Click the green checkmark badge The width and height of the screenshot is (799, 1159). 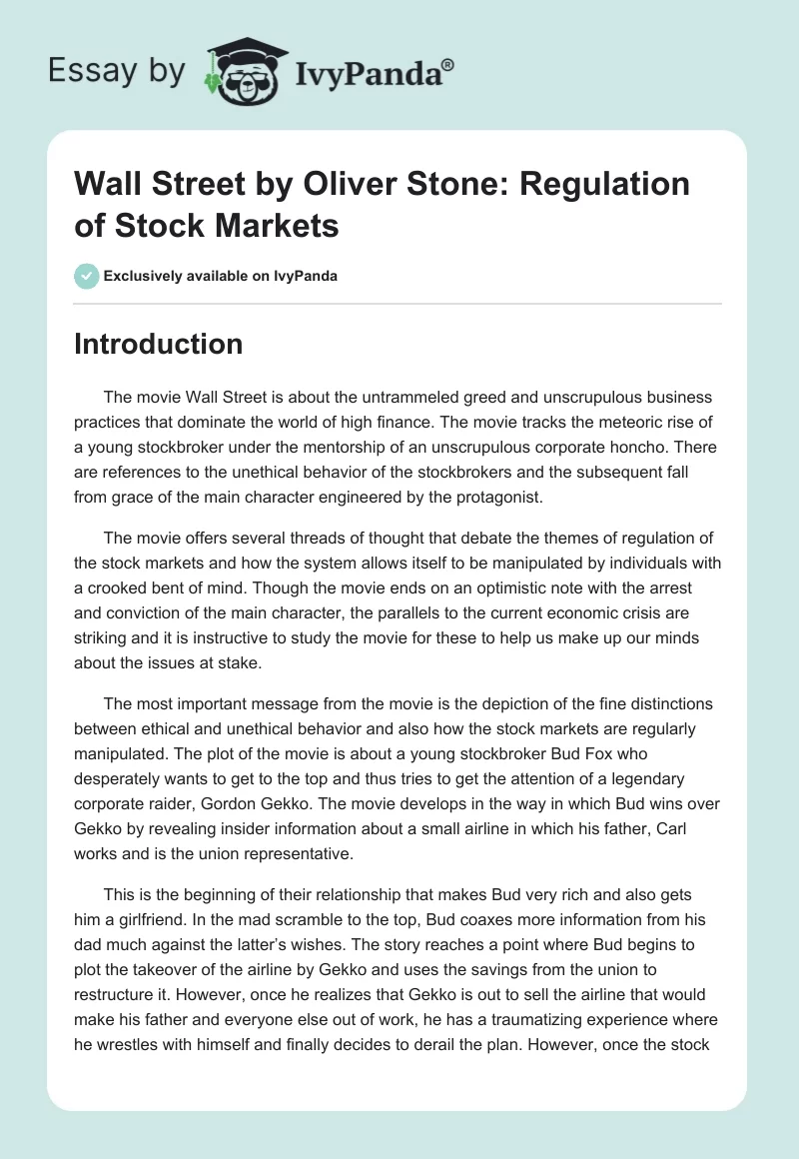tap(87, 276)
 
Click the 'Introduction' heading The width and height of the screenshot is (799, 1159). tap(159, 344)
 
